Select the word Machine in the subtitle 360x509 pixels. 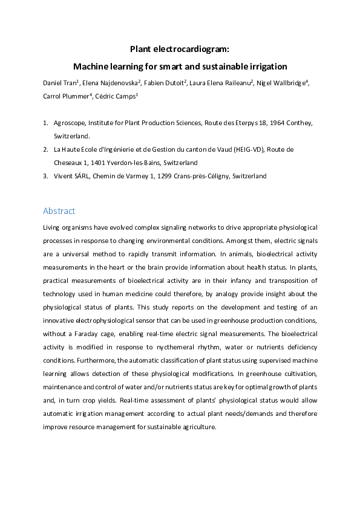coord(91,66)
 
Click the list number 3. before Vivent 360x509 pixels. coord(46,176)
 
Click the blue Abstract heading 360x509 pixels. coord(59,211)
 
